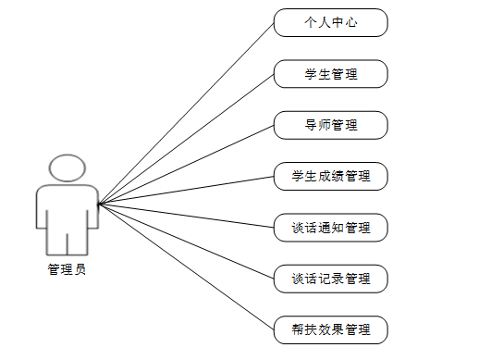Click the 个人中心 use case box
coord(330,23)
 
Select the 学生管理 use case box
coord(330,74)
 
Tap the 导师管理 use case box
coord(330,125)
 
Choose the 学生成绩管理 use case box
coord(330,176)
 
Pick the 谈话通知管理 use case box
coord(330,227)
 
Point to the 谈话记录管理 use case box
coord(330,278)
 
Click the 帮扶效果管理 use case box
coord(330,329)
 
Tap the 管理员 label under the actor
coord(67,269)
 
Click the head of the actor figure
coord(67,168)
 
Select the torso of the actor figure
coord(67,208)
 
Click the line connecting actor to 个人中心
coord(186,113)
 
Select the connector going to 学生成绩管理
coord(186,190)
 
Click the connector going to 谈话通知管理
coord(186,216)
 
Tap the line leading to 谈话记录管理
coord(186,241)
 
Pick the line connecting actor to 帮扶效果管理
coord(186,267)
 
